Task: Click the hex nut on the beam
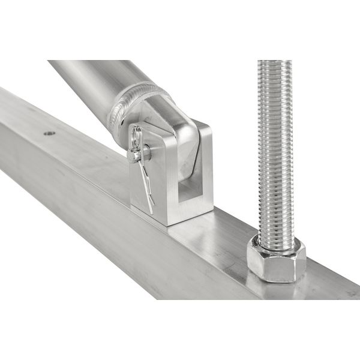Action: coord(276,258)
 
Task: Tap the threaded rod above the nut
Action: coord(275,150)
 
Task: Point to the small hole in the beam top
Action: coord(48,133)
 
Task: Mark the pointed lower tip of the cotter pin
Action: coord(151,212)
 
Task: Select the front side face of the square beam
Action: coord(120,240)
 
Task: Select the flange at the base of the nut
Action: coord(276,277)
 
